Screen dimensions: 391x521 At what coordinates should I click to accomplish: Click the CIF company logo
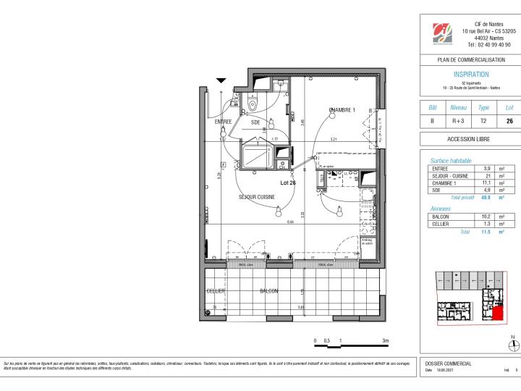(442, 33)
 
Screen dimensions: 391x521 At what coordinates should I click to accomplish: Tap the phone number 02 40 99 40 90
(488, 45)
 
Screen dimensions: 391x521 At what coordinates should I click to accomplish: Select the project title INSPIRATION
(470, 74)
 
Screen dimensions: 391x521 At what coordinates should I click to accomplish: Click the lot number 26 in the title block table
(509, 121)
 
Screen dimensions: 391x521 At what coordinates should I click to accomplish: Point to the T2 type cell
(484, 121)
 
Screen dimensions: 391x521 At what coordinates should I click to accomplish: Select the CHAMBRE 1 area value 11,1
(487, 184)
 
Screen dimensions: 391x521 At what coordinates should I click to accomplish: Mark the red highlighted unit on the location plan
(498, 313)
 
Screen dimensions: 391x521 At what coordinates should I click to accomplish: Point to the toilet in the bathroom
(251, 104)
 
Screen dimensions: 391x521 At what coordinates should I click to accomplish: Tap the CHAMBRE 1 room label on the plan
(342, 110)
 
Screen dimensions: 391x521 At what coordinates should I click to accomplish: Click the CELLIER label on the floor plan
(216, 291)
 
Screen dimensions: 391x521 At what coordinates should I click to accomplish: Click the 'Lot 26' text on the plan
(288, 182)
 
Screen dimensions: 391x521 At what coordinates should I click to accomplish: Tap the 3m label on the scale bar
(386, 340)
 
